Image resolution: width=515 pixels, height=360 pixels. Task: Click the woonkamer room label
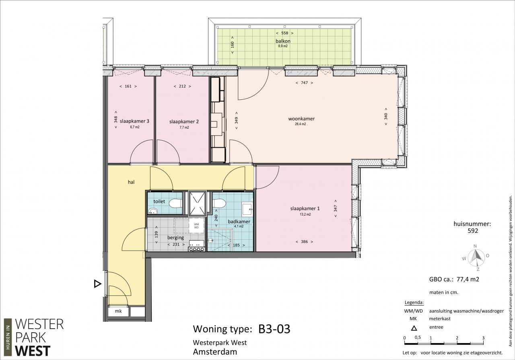pos(301,119)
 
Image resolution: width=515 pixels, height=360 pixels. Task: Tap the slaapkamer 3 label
pos(134,121)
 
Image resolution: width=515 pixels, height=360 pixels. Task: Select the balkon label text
pos(283,41)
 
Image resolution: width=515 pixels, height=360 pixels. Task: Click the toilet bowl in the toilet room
pos(175,203)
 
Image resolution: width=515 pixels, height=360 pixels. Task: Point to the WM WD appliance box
pos(196,226)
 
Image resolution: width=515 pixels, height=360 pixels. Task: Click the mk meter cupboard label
pos(118,311)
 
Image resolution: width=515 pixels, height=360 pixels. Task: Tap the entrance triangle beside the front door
pos(97,284)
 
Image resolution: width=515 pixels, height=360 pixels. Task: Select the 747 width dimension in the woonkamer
pos(304,83)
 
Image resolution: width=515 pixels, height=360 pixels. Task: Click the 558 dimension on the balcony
pos(284,33)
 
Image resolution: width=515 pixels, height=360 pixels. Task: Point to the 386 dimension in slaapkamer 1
pos(304,242)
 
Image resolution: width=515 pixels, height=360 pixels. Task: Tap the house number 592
pos(473,231)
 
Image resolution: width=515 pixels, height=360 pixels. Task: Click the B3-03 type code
pos(274,329)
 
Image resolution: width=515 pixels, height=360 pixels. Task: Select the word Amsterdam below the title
pos(215,352)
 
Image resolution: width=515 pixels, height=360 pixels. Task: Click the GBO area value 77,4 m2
pos(468,279)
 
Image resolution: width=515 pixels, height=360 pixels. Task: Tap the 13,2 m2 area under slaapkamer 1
pos(305,214)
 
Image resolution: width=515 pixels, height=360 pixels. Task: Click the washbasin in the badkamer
pos(247,209)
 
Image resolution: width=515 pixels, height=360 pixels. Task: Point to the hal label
pos(131,182)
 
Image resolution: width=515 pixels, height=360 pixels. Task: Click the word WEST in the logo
pos(33,351)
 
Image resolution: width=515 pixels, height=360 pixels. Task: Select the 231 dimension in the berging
pos(176,245)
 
